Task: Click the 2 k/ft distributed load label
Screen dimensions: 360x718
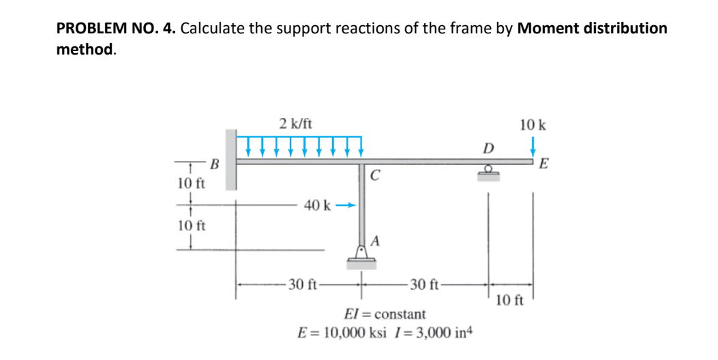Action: click(x=296, y=123)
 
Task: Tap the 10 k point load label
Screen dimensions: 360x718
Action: click(x=533, y=125)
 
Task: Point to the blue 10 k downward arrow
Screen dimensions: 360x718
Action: click(x=533, y=147)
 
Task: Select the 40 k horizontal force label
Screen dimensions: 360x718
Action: click(x=318, y=205)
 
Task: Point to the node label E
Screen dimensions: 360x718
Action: click(x=543, y=164)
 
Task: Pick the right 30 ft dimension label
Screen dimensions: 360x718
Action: click(x=424, y=284)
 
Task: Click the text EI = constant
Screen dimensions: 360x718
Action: click(x=386, y=314)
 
